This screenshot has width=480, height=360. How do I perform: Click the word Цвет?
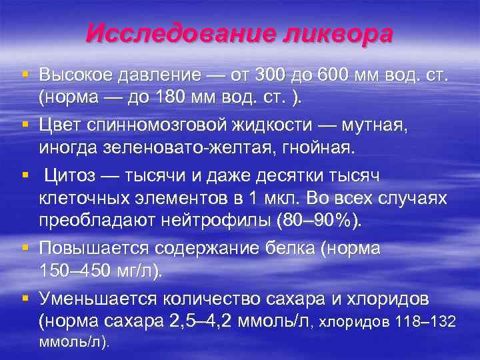coord(62,125)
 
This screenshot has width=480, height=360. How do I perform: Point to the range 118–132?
coord(425,323)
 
